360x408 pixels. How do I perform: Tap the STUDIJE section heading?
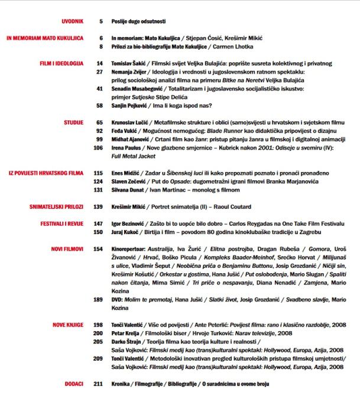click(73, 122)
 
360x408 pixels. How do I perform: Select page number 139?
click(98, 208)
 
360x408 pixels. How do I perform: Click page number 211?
click(98, 384)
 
